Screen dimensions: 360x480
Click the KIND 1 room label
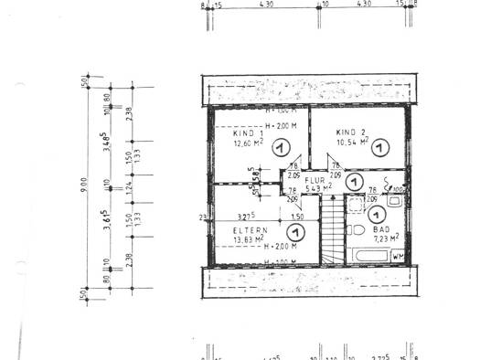click(x=235, y=133)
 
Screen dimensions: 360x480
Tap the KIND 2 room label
click(x=350, y=133)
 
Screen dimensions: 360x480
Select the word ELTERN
click(x=250, y=230)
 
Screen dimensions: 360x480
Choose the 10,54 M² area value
click(x=352, y=143)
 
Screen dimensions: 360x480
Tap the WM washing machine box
click(x=398, y=257)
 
